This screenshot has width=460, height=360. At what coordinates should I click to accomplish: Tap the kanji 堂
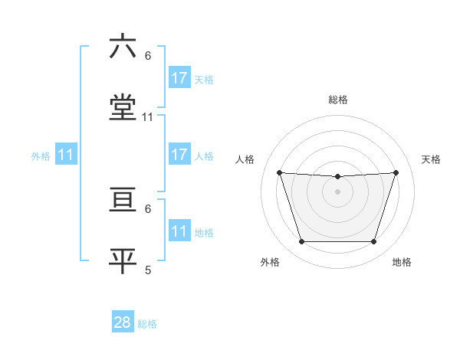click(x=123, y=108)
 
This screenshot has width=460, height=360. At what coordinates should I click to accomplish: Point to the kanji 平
click(x=123, y=260)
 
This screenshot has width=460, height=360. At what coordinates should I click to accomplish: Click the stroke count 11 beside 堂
click(x=148, y=117)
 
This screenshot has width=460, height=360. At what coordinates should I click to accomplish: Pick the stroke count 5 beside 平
click(x=148, y=270)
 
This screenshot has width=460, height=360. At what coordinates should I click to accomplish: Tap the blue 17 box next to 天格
click(x=179, y=78)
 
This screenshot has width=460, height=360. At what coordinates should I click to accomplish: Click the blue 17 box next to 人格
click(x=179, y=155)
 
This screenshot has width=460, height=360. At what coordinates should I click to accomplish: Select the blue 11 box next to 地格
click(x=179, y=231)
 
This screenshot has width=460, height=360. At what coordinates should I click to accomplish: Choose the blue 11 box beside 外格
click(x=66, y=155)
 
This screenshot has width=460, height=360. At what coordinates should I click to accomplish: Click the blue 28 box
click(x=123, y=322)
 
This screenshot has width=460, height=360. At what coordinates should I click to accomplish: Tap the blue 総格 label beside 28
click(x=147, y=324)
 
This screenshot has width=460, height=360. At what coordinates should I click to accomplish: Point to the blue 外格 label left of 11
click(x=41, y=156)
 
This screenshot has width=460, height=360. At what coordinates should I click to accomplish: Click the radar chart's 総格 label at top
click(x=338, y=100)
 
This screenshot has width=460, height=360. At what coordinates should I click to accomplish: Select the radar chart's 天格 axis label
click(x=432, y=159)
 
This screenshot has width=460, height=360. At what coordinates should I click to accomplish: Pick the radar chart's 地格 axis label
click(x=402, y=263)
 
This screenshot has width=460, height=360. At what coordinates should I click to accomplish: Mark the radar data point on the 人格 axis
click(x=280, y=172)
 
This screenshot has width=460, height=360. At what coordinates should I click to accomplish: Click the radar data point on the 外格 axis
click(x=301, y=242)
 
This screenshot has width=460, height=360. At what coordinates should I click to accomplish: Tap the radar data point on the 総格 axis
click(x=337, y=177)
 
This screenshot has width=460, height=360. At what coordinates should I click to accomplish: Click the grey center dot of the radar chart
click(x=337, y=191)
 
